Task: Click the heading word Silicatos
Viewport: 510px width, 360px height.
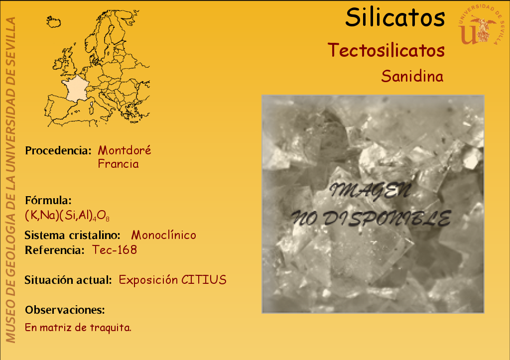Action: (x=395, y=17)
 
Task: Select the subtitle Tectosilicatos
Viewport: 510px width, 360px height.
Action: (x=386, y=50)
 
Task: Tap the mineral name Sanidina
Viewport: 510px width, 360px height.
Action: (x=412, y=76)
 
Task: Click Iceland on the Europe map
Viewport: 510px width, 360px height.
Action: (x=53, y=22)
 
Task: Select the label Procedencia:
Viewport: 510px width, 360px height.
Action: (x=58, y=150)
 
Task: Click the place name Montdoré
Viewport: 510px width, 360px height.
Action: (x=124, y=150)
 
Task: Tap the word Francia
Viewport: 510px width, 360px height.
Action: (x=118, y=164)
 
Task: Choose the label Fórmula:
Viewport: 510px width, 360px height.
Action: (x=48, y=200)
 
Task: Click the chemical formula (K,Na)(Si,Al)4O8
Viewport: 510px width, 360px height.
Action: (x=67, y=216)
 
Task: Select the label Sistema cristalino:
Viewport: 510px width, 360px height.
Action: (x=72, y=235)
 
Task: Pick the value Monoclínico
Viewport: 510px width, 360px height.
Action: (x=163, y=235)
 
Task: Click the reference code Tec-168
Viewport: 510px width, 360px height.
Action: (x=115, y=250)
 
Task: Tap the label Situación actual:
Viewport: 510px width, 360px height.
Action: (x=68, y=280)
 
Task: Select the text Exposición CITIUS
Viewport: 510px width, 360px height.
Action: (x=172, y=280)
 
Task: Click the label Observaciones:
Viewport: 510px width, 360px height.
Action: (x=65, y=310)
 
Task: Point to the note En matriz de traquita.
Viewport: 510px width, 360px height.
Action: (x=78, y=328)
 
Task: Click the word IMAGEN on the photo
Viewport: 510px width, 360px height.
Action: (x=370, y=191)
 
